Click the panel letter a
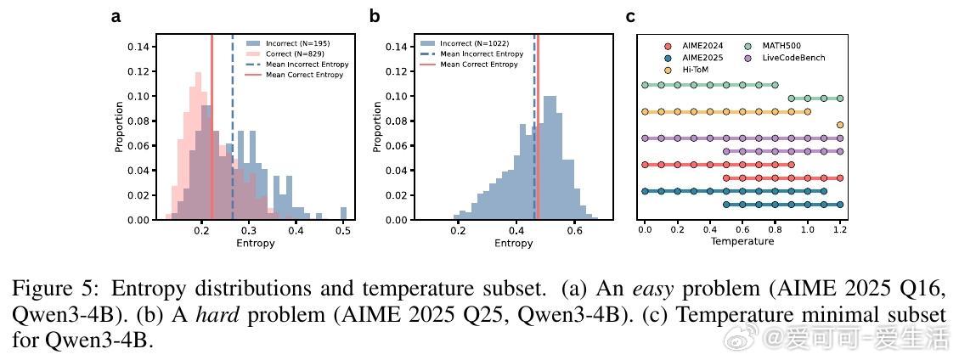(116, 16)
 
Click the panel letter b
(375, 16)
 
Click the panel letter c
(630, 16)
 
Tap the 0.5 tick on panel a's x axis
(342, 229)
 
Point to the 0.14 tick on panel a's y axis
(140, 47)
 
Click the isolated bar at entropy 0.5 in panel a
(343, 213)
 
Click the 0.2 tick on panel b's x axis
(459, 229)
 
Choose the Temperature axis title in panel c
(742, 241)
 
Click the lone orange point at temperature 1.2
(840, 125)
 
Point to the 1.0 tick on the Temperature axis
(807, 229)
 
